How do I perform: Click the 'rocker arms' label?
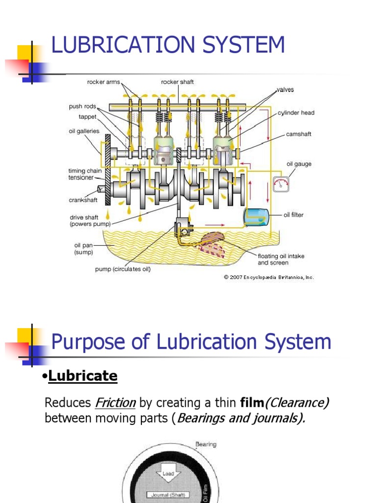pos(103,82)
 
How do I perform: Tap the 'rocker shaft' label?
pos(177,82)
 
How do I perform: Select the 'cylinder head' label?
pos(296,112)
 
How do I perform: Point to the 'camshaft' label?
pos(298,134)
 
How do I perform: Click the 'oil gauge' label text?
pos(299,164)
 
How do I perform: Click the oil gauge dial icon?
pos(281,184)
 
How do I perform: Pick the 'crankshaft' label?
pos(83,200)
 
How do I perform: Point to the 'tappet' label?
pos(87,117)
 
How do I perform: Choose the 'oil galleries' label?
pos(84,131)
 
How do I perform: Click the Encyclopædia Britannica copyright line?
pos(269,278)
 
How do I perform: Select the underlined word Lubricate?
pos(80,376)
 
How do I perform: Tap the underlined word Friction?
pos(115,403)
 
